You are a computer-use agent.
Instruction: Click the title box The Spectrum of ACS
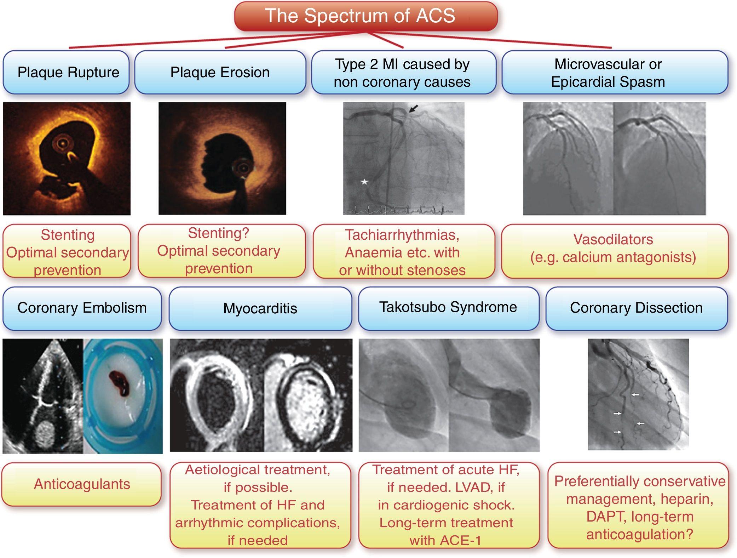366,16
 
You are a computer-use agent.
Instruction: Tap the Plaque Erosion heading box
220,72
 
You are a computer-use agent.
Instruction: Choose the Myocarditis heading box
260,308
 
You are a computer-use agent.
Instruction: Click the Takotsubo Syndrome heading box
448,307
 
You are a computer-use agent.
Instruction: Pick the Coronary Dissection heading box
636,308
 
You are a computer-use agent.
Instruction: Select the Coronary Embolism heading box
82,308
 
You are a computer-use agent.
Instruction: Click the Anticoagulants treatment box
82,484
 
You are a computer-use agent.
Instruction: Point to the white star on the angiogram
364,182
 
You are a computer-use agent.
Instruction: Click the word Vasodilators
613,239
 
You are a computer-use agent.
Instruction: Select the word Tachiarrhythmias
402,235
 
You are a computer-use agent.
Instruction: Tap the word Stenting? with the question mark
218,233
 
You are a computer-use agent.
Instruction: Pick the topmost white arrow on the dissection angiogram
636,394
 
